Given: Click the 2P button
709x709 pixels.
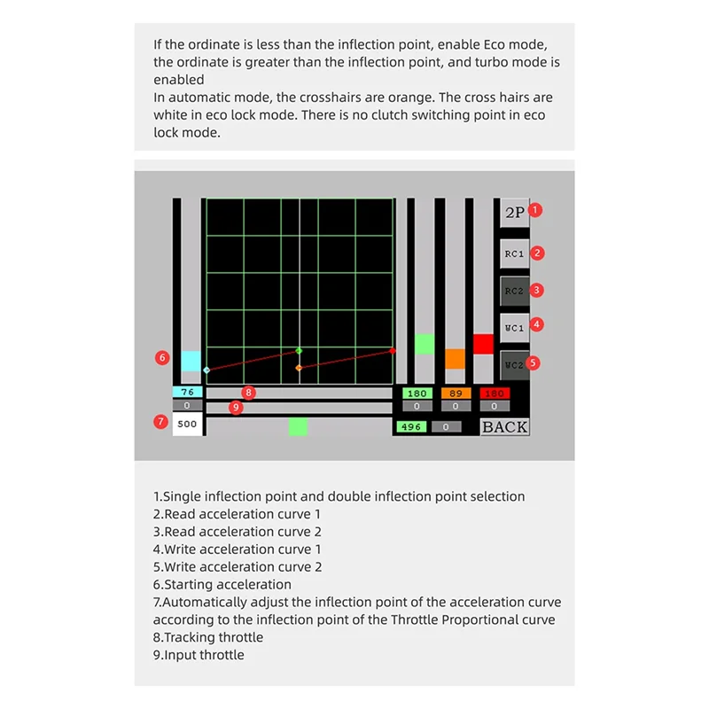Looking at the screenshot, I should pos(514,213).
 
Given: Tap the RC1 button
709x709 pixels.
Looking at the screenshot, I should pos(514,253).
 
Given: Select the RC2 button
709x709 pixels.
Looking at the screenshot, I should pos(514,291).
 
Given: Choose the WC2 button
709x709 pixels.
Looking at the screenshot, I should pos(514,365).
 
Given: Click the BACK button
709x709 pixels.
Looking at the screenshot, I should pos(504,427).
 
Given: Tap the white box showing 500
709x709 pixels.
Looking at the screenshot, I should pos(187,425).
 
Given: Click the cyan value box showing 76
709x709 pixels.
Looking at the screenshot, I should pos(187,393).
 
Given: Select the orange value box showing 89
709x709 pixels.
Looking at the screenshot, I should pos(456,393).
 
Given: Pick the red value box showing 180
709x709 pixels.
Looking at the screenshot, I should pos(495,393).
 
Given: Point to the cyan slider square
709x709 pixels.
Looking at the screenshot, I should pos(191,361).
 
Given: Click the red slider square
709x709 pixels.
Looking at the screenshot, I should pos(483,344).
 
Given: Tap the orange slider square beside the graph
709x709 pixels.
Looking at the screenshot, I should pos(455,358).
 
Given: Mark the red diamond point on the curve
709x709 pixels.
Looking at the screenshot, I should pos(393,351).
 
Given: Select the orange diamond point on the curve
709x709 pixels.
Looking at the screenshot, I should pos(299,367).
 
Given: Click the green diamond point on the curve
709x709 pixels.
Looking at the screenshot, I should pos(299,351).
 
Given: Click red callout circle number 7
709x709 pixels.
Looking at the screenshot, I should pos(160,422).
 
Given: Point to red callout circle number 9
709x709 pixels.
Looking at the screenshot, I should pos(235,408).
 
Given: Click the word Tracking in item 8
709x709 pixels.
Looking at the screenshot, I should pos(189,637).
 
